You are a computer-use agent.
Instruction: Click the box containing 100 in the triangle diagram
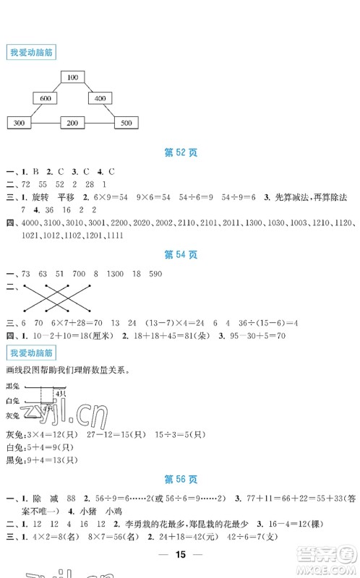pyautogui.click(x=72, y=77)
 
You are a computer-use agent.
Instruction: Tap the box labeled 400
pyautogui.click(x=100, y=98)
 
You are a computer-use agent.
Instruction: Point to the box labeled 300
pyautogui.click(x=19, y=124)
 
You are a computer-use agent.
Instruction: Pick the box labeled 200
pyautogui.click(x=72, y=124)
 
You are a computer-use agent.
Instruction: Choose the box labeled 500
pyautogui.click(x=126, y=124)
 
